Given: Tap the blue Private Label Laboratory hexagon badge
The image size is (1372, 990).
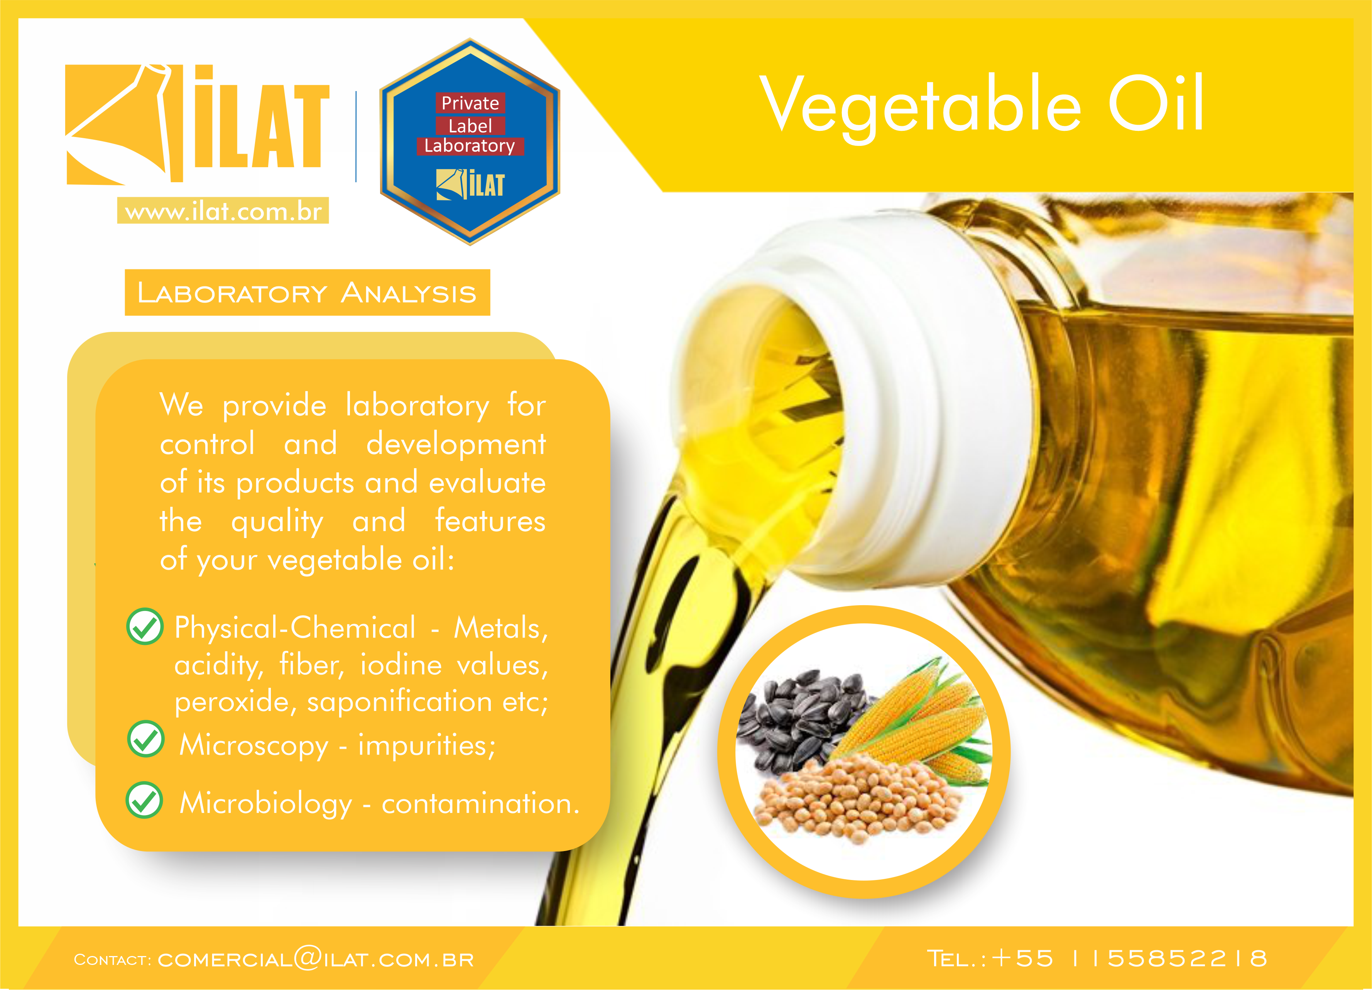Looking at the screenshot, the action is coord(470,142).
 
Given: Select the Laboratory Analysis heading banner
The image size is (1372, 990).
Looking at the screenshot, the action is coord(307,292).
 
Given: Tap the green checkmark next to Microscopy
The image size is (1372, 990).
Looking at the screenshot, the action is coord(146,739).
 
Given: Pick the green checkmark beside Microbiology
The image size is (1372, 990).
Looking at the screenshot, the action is coord(144,800).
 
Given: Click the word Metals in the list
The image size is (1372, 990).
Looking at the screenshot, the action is coord(501,628).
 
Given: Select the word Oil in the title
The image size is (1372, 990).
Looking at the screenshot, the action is coord(1156,103).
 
